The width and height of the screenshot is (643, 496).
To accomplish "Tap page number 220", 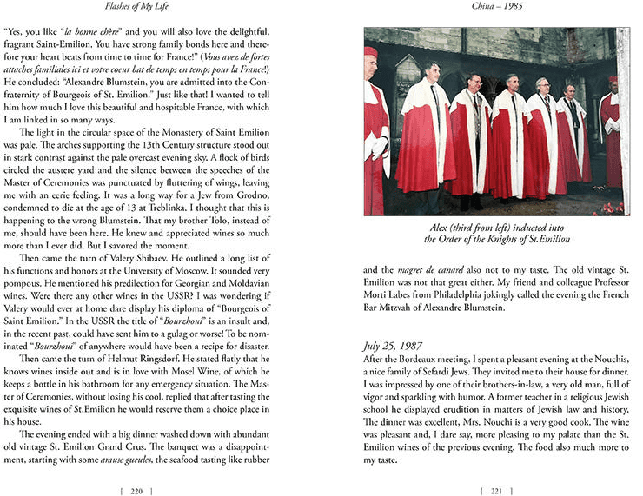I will click(136, 489).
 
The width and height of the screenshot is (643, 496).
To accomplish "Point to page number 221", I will click(496, 489).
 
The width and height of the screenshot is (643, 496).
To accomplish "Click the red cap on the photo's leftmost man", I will click(371, 51).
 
